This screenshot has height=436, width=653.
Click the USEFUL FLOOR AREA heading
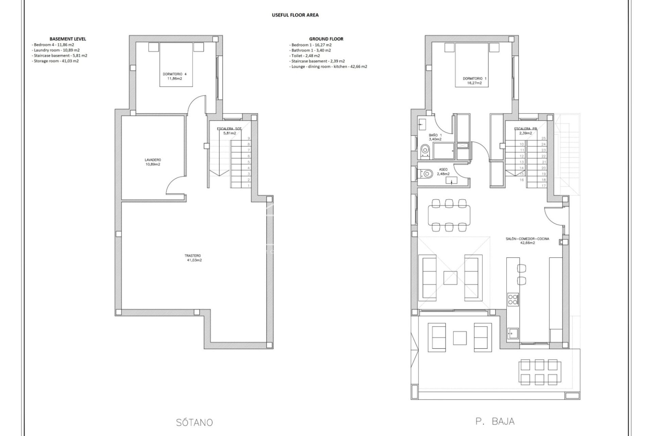pyautogui.click(x=295, y=15)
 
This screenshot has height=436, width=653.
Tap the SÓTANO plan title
pyautogui.click(x=195, y=423)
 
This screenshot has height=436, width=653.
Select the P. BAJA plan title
pyautogui.click(x=495, y=421)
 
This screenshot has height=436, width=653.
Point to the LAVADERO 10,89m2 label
pyautogui.click(x=152, y=162)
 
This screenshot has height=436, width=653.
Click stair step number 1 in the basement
pyautogui.click(x=249, y=186)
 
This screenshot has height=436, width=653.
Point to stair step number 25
pyautogui.click(x=543, y=138)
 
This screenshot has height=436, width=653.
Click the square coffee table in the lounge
pyautogui.click(x=450, y=278)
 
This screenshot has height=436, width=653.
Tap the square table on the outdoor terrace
pyautogui.click(x=460, y=338)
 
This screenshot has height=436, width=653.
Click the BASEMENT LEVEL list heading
pyautogui.click(x=68, y=39)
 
